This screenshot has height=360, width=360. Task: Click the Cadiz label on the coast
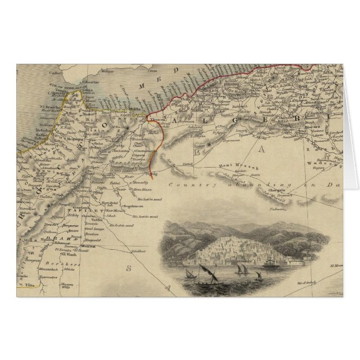coord(55,72)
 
